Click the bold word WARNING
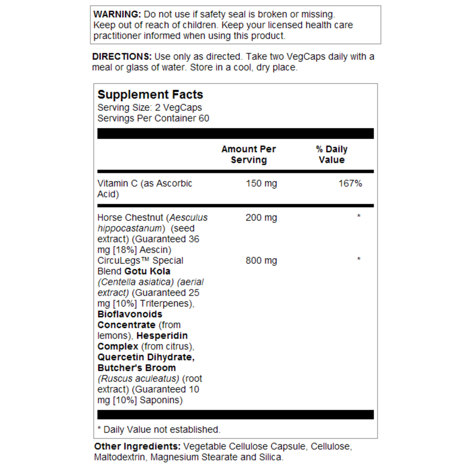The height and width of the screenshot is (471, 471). [x=117, y=14]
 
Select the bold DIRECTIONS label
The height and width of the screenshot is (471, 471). [x=122, y=56]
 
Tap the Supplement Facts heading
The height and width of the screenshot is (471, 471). [x=150, y=95]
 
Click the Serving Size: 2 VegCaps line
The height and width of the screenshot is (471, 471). [x=150, y=107]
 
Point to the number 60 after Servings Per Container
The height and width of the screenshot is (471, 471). [x=204, y=118]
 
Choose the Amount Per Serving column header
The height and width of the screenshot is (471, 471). [x=249, y=154]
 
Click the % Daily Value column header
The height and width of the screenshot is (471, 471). [x=332, y=154]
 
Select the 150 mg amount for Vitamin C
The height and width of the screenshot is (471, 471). [x=261, y=183]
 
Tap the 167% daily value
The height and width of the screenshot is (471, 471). [x=350, y=183]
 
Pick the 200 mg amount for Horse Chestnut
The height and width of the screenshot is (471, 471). [x=261, y=218]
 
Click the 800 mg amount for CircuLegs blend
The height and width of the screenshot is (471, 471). [x=261, y=261]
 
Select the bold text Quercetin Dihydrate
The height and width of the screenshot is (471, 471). [x=146, y=357]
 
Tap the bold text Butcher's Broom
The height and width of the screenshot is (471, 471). [x=137, y=368]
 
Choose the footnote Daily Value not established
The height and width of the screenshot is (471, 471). [x=162, y=429]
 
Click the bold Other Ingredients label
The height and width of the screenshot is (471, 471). [x=137, y=446]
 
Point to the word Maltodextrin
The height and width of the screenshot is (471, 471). [x=119, y=457]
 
